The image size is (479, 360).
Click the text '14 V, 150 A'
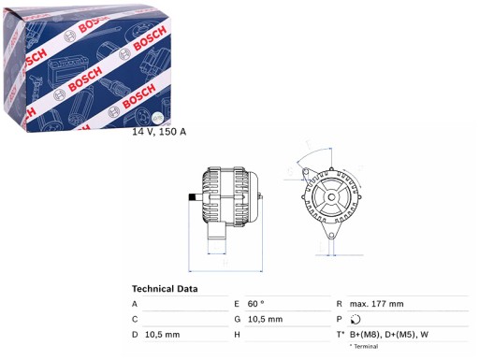pyautogui.click(x=159, y=132)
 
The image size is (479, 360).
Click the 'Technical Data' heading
pyautogui.click(x=165, y=288)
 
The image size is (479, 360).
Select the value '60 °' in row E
pyautogui.click(x=256, y=304)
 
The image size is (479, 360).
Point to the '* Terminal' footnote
pyautogui.click(x=365, y=347)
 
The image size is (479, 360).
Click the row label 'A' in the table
pyautogui.click(x=135, y=304)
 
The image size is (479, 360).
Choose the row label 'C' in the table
pyautogui.click(x=135, y=319)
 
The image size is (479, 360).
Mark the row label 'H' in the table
pyautogui.click(x=238, y=334)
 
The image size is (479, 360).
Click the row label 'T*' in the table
pyautogui.click(x=340, y=334)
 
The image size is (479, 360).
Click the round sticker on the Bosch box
pyautogui.click(x=156, y=118)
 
